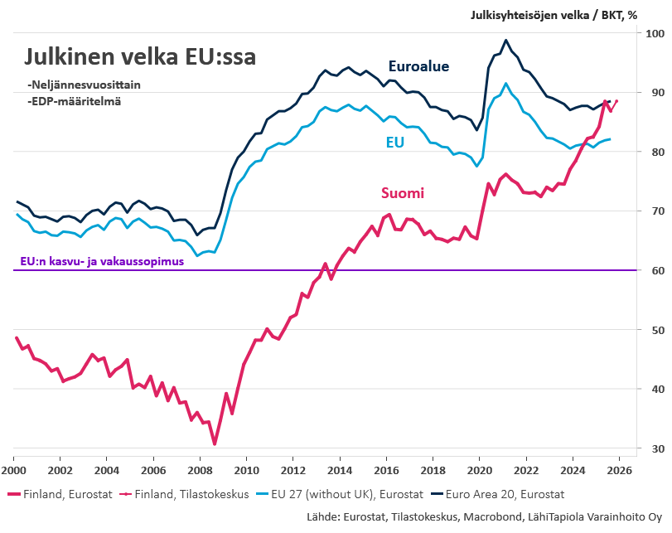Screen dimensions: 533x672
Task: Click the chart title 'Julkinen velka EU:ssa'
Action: [140, 57]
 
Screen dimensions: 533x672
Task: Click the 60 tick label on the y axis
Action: [653, 270]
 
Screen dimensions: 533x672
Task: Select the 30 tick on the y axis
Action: [653, 448]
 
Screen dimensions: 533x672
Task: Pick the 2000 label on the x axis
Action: [13, 469]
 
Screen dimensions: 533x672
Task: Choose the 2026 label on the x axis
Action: [619, 469]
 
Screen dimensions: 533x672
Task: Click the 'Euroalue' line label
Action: [418, 66]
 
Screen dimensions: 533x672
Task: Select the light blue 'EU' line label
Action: [394, 143]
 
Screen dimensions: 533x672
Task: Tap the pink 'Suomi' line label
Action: [403, 193]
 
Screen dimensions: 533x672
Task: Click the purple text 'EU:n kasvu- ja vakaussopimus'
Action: [101, 262]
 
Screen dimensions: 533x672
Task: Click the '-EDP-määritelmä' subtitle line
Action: [74, 101]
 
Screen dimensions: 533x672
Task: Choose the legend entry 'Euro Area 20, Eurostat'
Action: [505, 494]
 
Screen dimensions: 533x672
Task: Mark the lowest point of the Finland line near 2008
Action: [215, 444]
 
